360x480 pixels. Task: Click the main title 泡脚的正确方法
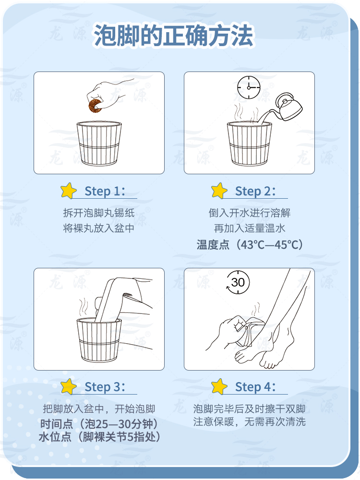click(174, 36)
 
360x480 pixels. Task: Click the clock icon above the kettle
click(249, 87)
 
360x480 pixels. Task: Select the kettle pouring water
click(288, 107)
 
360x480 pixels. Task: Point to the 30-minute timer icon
click(238, 282)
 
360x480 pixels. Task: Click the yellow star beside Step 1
click(69, 191)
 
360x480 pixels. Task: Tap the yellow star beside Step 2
click(219, 191)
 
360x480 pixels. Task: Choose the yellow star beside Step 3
click(69, 386)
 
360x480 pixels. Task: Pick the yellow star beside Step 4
click(219, 386)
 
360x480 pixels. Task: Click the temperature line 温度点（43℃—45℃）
click(250, 245)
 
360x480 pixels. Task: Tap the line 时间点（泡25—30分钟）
click(99, 424)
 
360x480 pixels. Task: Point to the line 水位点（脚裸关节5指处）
click(99, 437)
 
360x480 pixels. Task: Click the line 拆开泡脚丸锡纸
click(99, 213)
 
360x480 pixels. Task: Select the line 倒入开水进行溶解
click(250, 213)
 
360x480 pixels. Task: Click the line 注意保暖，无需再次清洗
click(250, 422)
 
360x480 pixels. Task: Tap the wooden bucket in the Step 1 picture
click(99, 144)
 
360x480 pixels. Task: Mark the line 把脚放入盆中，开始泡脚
click(99, 408)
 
